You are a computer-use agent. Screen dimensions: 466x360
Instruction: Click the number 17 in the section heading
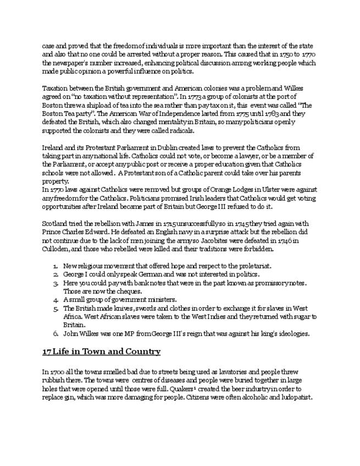[x=47, y=352]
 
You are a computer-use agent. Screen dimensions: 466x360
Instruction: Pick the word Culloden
[x=56, y=248]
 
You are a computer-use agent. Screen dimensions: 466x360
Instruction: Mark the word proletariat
[x=254, y=266]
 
